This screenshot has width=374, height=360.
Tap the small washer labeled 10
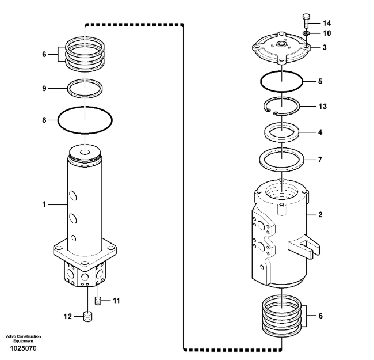[x=306, y=33]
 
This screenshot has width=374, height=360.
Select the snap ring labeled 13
[x=281, y=107]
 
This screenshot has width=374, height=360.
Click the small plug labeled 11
[x=98, y=301]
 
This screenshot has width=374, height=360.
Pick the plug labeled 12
[x=88, y=317]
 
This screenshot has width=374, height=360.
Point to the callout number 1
[x=44, y=204]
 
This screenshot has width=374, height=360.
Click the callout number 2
[x=320, y=215]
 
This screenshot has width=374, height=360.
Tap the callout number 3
[x=325, y=47]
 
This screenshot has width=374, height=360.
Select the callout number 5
[x=320, y=81]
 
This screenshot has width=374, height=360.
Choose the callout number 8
[x=44, y=120]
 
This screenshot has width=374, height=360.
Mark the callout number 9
[x=44, y=89]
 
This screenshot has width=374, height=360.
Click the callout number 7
[x=320, y=160]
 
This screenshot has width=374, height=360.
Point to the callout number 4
[x=320, y=132]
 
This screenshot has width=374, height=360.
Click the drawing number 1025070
[x=23, y=348]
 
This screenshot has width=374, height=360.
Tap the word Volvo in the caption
[x=10, y=336]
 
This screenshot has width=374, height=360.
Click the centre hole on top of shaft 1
[x=85, y=152]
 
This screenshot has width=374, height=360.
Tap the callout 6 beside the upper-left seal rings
[x=44, y=54]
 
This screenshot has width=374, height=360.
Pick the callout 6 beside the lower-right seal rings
[x=320, y=316]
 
